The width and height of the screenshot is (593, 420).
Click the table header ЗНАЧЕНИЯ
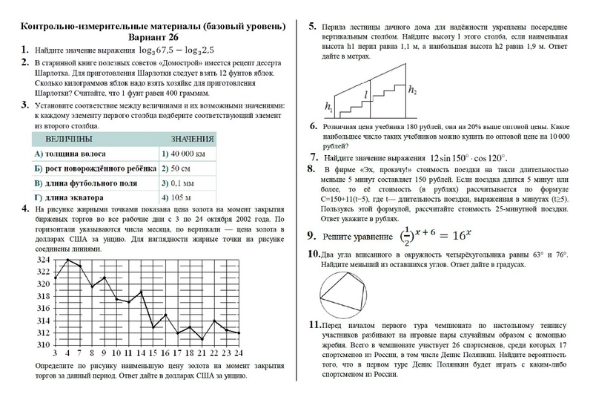click(192, 140)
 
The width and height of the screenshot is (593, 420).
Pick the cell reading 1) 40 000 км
click(183, 154)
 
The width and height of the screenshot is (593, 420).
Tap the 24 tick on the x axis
click(236, 353)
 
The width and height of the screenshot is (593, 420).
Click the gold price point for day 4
click(68, 260)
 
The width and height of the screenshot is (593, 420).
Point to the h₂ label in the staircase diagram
click(412, 91)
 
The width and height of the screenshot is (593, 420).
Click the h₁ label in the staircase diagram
click(329, 108)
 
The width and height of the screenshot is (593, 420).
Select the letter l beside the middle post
click(365, 96)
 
